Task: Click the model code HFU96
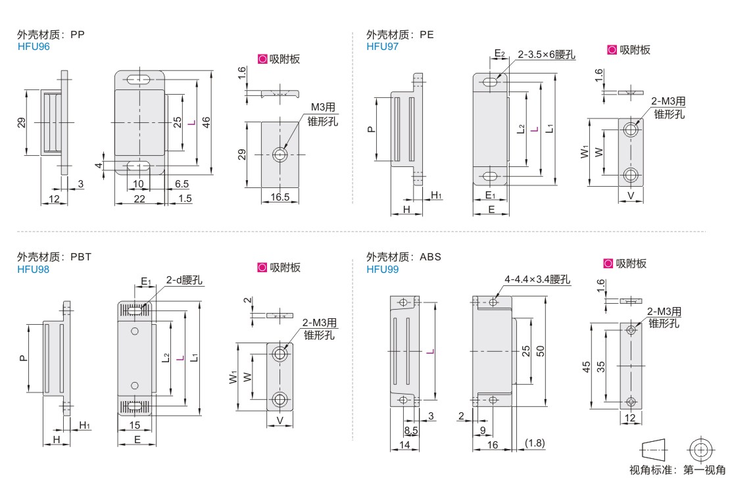tap(34, 46)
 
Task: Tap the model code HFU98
tap(34, 268)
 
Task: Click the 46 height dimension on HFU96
tap(206, 122)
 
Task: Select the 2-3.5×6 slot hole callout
tap(546, 55)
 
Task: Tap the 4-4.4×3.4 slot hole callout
tap(537, 280)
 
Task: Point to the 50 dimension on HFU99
tap(541, 350)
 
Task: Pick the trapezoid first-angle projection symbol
tap(654, 449)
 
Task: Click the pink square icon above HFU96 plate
tap(262, 59)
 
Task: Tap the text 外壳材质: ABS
tap(403, 257)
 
